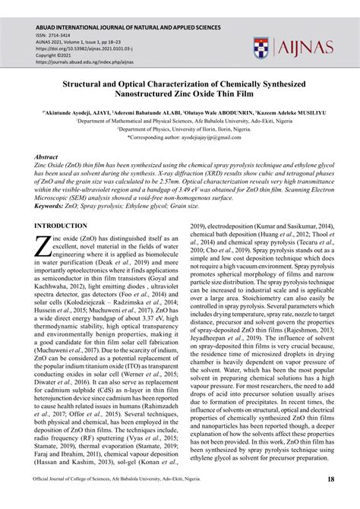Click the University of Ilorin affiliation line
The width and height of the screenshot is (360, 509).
tap(179, 129)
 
